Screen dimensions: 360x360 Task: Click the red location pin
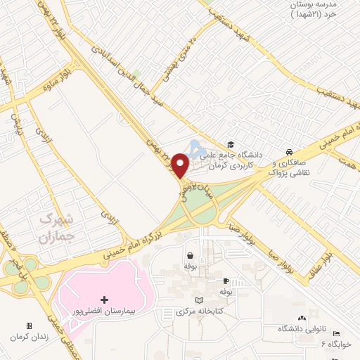(180, 165)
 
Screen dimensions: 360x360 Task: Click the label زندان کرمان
(28, 337)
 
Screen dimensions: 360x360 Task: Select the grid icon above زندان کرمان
(29, 326)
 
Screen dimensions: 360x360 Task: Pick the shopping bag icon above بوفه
(189, 256)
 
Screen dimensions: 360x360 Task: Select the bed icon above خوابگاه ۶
(336, 333)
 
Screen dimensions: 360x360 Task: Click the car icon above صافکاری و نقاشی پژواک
(289, 152)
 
